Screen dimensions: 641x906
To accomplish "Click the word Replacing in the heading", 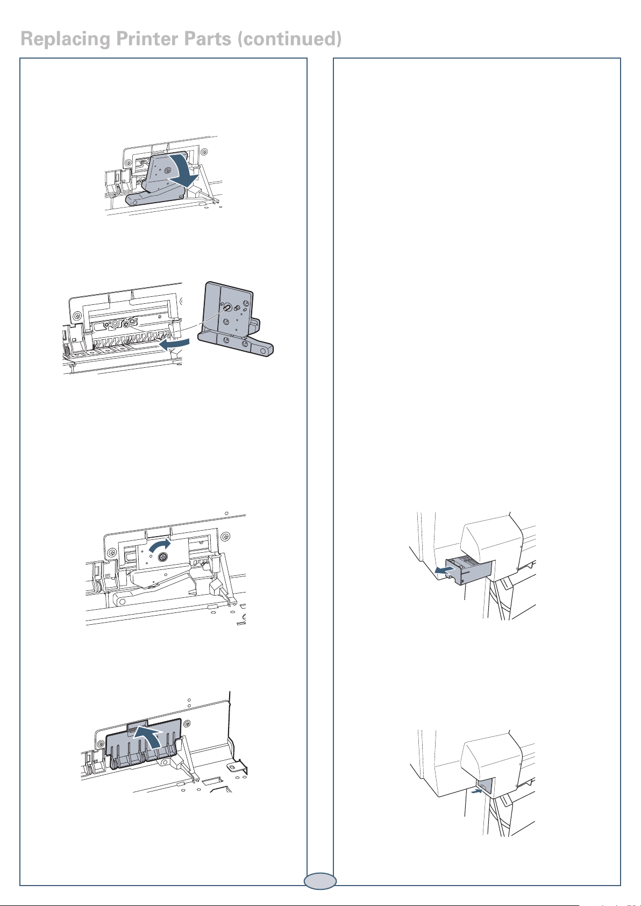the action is click(66, 40).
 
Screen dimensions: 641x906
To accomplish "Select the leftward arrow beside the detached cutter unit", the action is click(174, 345).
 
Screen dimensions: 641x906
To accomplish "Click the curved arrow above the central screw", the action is click(160, 545).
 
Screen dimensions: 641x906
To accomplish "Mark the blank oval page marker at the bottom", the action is click(320, 881).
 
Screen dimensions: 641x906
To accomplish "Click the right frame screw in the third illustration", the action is click(224, 536).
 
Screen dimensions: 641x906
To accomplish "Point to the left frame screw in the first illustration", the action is click(128, 162).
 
